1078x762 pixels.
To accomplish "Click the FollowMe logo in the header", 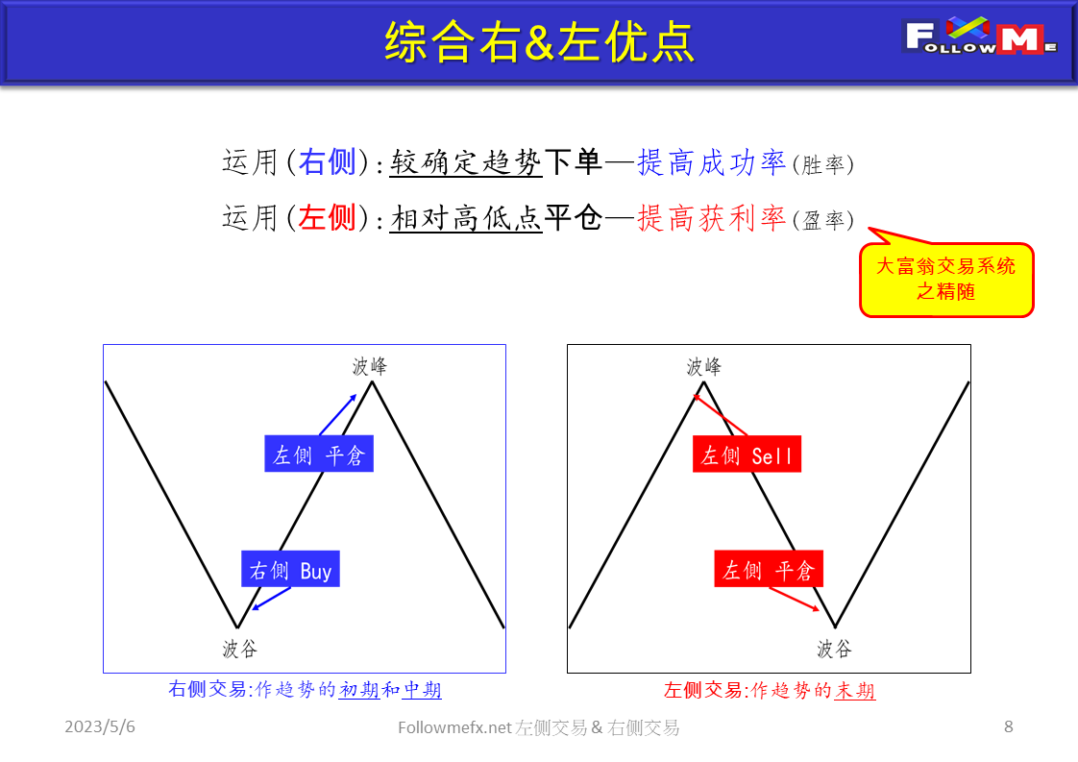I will tap(980, 37).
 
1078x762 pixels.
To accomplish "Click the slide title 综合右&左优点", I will tap(539, 41).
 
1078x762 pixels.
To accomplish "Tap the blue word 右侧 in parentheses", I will tap(328, 163).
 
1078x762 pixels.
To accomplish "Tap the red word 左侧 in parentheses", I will tap(328, 219).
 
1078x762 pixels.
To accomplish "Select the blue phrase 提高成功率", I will tap(712, 163).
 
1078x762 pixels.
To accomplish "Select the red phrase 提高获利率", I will tap(712, 219).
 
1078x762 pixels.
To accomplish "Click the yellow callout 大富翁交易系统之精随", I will tap(946, 279).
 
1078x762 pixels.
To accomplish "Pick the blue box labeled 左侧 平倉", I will tap(319, 455).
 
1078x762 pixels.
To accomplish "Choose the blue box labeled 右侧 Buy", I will tap(290, 570).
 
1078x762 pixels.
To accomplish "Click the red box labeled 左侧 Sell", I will tap(747, 455).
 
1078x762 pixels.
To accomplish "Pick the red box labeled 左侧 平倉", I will tap(769, 570).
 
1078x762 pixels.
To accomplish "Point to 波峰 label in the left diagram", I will tap(370, 366).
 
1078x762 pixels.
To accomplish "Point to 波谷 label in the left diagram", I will tap(240, 649).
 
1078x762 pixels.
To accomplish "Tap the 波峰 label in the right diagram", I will tap(704, 366).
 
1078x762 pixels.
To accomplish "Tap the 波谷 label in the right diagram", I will tap(834, 649).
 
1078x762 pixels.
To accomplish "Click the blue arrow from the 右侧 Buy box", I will tap(270, 598).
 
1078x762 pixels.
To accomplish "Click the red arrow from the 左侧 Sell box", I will tap(721, 416).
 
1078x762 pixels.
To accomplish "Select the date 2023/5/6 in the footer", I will tap(100, 727).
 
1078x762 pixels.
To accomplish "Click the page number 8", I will tap(1008, 727).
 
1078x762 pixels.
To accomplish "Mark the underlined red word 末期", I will tap(854, 690).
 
